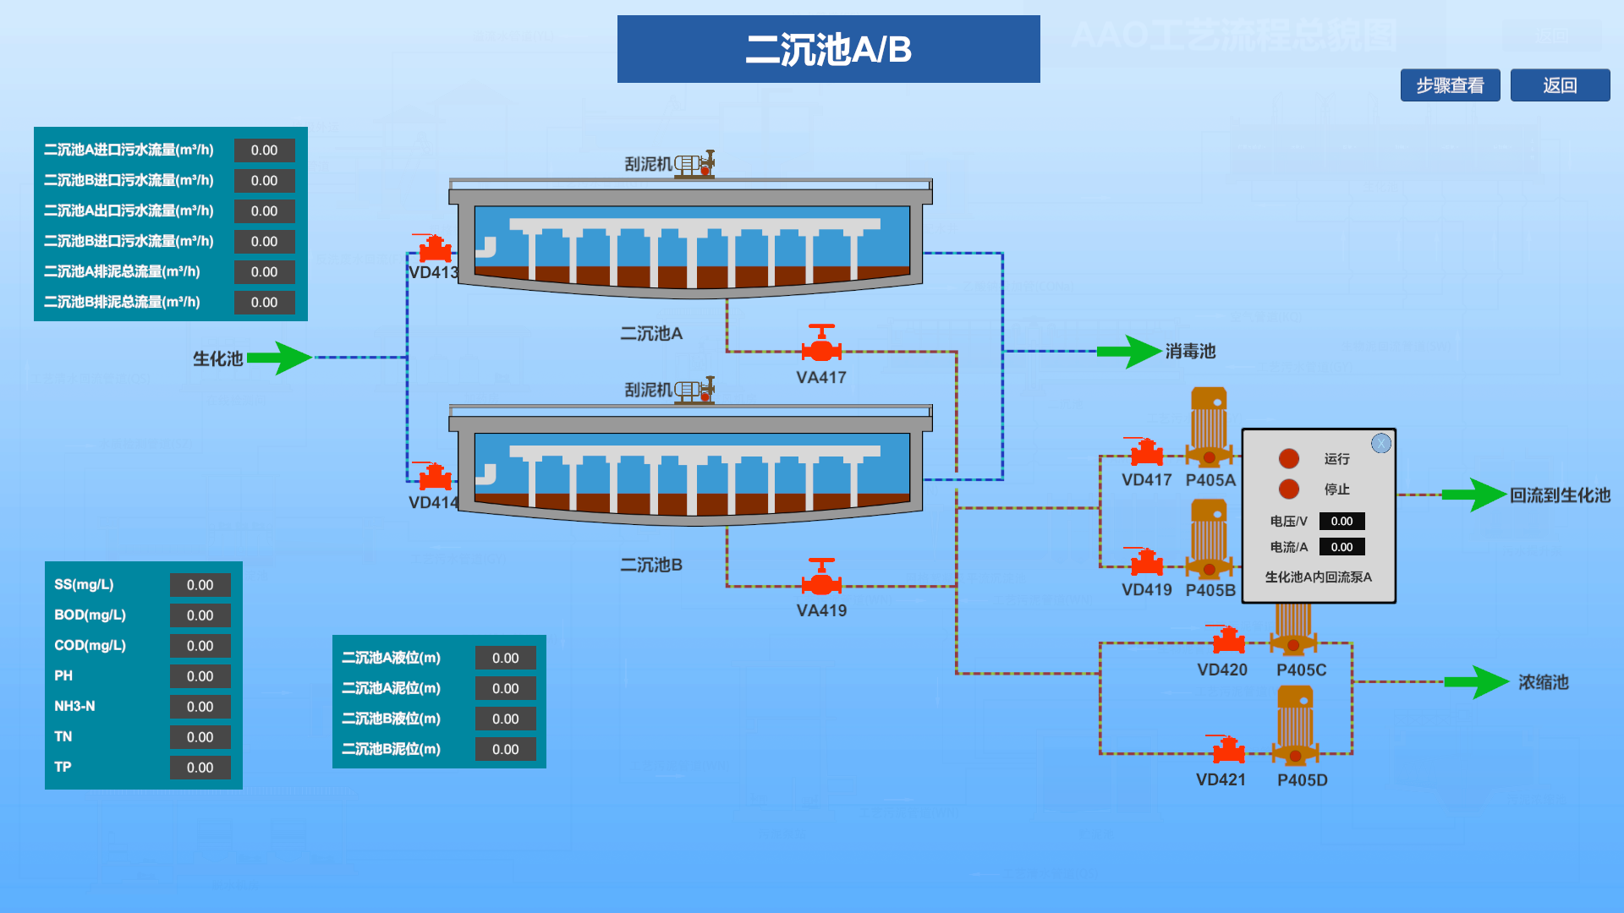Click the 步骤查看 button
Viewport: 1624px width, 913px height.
[x=1450, y=85]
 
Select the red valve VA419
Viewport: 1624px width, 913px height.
[x=821, y=578]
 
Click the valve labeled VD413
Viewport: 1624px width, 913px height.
[x=435, y=249]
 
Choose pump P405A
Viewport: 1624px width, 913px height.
[x=1209, y=427]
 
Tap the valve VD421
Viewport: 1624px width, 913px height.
[x=1228, y=749]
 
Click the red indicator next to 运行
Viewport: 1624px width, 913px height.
[x=1289, y=458]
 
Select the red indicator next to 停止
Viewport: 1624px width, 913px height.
[x=1289, y=489]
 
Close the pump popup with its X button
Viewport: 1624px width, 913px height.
[x=1380, y=443]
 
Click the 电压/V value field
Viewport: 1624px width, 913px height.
[x=1341, y=521]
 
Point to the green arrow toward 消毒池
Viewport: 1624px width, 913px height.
[x=1129, y=351]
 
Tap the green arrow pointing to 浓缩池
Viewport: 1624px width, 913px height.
[x=1476, y=681]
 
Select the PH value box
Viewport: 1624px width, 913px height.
[x=200, y=676]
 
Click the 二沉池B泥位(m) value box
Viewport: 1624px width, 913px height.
[x=505, y=749]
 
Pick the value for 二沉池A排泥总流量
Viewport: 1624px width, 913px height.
[x=264, y=271]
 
